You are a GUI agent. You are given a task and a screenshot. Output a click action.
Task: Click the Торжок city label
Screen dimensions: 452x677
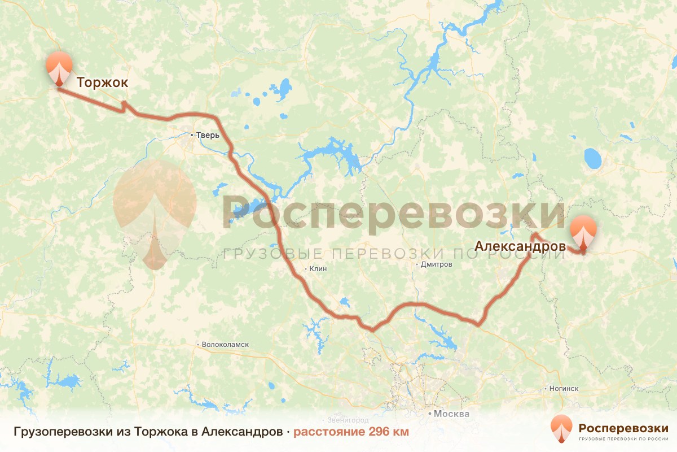tap(102, 82)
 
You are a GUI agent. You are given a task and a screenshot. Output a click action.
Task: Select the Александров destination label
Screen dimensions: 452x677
tap(520, 246)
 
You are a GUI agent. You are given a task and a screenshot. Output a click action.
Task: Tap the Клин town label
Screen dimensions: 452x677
tap(318, 269)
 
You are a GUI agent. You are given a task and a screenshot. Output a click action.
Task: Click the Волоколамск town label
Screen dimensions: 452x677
tap(225, 344)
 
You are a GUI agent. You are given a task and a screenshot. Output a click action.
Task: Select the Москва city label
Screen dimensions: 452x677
tap(451, 414)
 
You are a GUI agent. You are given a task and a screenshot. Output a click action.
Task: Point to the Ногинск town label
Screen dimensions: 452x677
tap(564, 389)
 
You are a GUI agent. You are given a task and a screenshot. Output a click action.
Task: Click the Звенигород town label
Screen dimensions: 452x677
tap(348, 420)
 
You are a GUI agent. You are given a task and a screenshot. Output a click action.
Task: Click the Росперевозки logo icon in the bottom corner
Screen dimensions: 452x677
tap(561, 429)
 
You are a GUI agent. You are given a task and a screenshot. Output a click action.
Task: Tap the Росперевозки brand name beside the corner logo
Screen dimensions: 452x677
tap(623, 427)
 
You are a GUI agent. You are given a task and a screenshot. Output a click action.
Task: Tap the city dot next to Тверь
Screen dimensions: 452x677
tap(192, 135)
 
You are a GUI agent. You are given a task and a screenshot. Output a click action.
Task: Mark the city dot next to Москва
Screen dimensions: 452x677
tap(430, 414)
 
